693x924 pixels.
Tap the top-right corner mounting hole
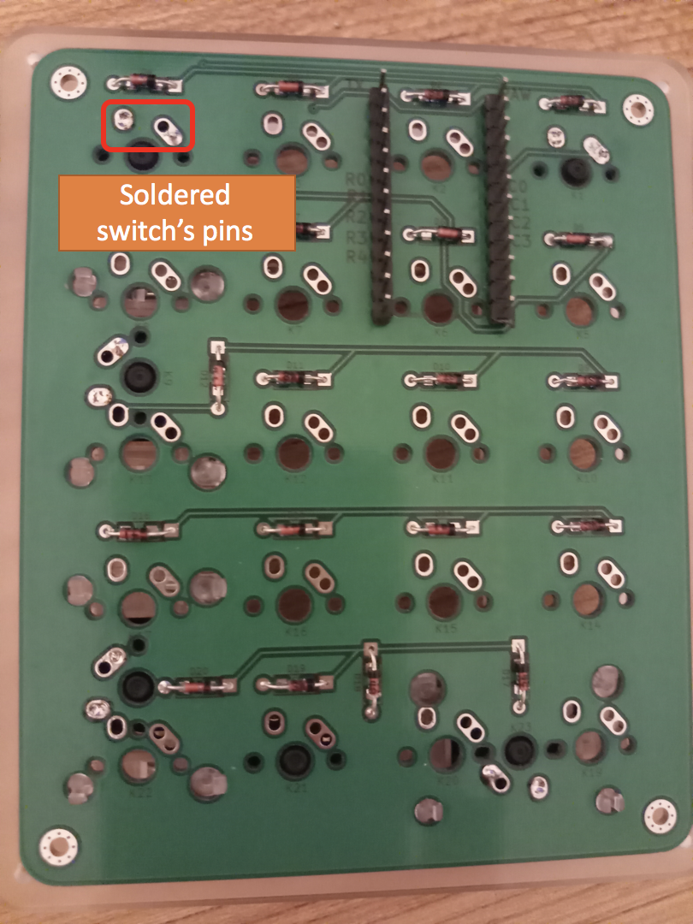click(x=637, y=109)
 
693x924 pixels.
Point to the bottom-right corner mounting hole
click(x=659, y=814)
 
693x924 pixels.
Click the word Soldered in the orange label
click(x=175, y=195)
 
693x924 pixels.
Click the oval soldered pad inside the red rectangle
click(x=168, y=130)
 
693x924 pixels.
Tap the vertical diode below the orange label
click(x=219, y=377)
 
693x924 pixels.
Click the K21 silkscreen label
click(x=297, y=788)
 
